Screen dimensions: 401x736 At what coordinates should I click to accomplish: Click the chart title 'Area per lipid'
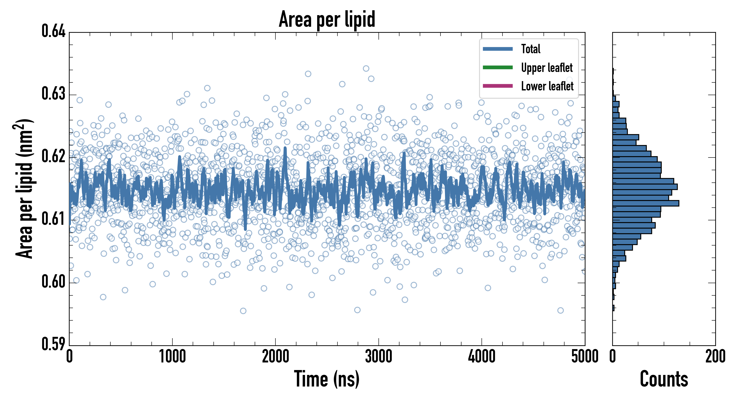[327, 19]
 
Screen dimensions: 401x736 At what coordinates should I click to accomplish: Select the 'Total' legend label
[531, 49]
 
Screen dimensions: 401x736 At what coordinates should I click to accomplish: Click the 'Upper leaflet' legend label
[547, 68]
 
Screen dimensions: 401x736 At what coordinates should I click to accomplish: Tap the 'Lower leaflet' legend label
[547, 86]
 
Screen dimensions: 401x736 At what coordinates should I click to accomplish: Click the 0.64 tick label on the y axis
[54, 31]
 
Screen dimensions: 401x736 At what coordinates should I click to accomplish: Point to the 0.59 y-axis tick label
[54, 344]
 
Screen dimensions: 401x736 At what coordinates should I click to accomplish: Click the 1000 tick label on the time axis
[172, 357]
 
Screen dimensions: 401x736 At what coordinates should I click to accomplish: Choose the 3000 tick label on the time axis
[378, 357]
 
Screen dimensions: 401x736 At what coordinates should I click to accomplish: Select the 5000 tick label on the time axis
[585, 357]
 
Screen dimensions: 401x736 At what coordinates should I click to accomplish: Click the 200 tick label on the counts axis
[715, 357]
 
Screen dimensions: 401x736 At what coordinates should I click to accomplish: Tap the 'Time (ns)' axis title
[327, 379]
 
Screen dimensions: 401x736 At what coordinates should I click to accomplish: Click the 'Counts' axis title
[664, 379]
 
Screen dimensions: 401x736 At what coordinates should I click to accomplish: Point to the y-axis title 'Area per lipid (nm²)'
[25, 188]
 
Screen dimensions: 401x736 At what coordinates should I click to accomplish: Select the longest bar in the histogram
[646, 203]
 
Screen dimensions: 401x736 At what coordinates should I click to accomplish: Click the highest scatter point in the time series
[366, 68]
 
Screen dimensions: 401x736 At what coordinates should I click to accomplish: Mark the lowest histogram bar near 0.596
[613, 308]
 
